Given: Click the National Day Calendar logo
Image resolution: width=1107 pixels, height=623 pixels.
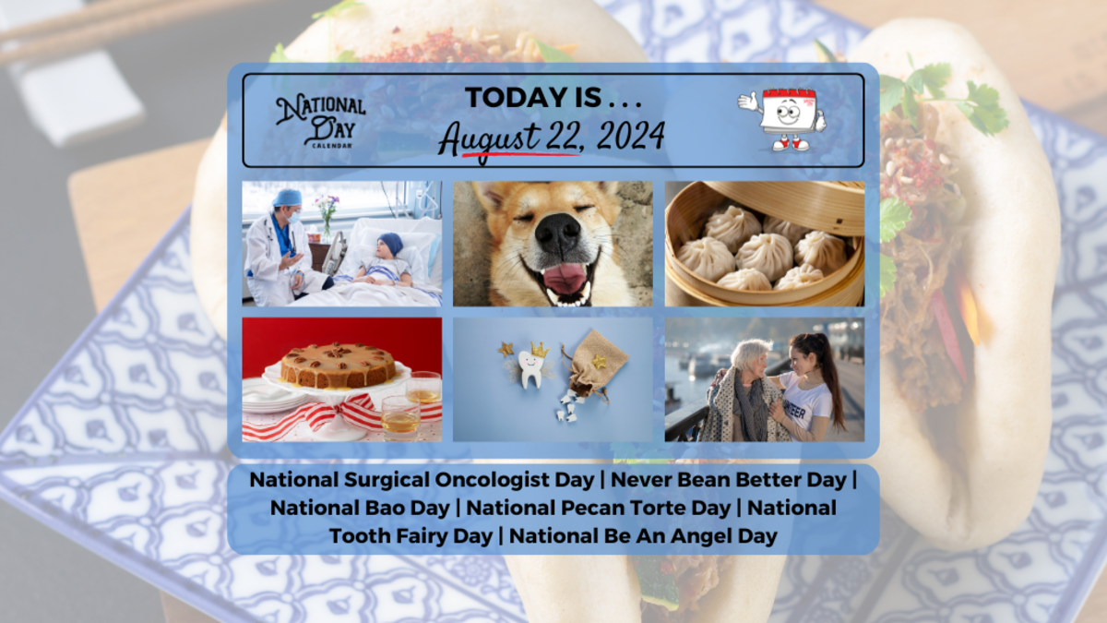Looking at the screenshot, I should click(x=320, y=120).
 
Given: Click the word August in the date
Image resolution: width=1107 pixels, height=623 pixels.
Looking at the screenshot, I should click(x=490, y=138).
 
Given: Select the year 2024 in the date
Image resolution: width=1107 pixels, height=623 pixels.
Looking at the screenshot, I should click(x=630, y=137).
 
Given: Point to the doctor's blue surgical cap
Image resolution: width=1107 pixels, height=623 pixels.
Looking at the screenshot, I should click(x=288, y=198).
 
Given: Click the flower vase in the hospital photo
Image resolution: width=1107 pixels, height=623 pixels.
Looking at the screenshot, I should click(x=326, y=222).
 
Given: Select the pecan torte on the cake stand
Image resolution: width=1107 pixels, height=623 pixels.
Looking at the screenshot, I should click(x=338, y=365).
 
